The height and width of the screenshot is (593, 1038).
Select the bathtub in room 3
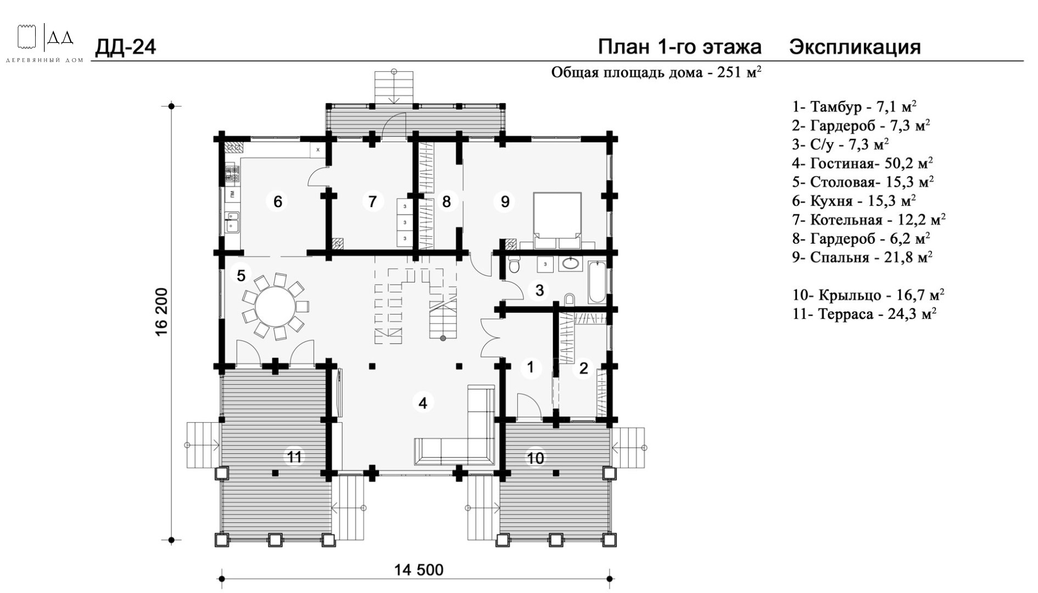tap(598, 283)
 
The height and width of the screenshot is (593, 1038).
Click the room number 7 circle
tap(372, 202)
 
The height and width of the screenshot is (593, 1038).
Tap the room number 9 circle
tap(505, 202)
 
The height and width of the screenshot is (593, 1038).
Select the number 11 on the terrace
tap(295, 457)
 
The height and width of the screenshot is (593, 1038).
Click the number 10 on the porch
tap(535, 457)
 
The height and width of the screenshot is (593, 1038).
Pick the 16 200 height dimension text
tap(161, 312)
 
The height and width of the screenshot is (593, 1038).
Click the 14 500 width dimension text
tap(418, 570)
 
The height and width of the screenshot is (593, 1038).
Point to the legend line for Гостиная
tap(862, 163)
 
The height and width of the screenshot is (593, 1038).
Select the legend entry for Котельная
tap(869, 220)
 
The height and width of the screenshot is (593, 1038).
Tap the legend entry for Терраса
tap(864, 314)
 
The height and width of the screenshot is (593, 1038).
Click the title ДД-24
tap(126, 48)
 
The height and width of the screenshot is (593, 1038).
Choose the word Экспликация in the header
tap(855, 48)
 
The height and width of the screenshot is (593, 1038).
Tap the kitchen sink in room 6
tap(232, 221)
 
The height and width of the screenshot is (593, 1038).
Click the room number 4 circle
tap(422, 402)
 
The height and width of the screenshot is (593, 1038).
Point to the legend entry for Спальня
tap(862, 258)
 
